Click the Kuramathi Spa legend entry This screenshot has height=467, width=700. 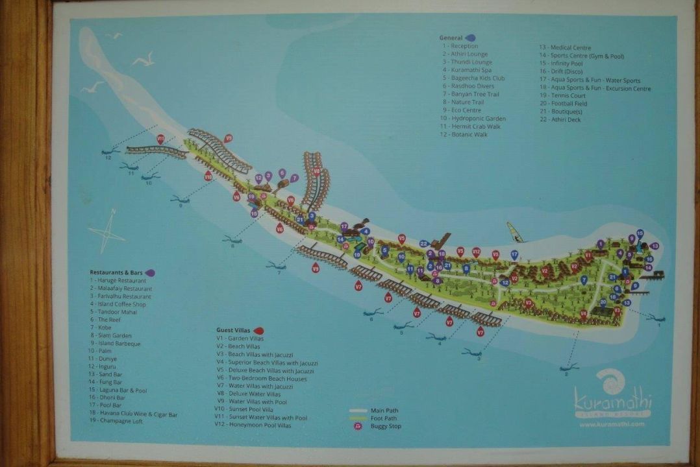point(467,70)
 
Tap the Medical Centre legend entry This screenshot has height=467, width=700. point(565,47)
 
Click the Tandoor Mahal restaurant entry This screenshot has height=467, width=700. point(114,312)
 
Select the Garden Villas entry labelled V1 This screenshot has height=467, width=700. point(240,339)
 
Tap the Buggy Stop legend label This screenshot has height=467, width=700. point(386,426)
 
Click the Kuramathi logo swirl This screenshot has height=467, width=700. point(610,381)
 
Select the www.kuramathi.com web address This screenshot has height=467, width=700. point(612,424)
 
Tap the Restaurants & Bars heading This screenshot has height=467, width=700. point(117,272)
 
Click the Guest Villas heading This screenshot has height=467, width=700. point(235,330)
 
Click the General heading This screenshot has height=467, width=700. point(451,38)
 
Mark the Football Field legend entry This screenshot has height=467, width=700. point(563,104)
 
